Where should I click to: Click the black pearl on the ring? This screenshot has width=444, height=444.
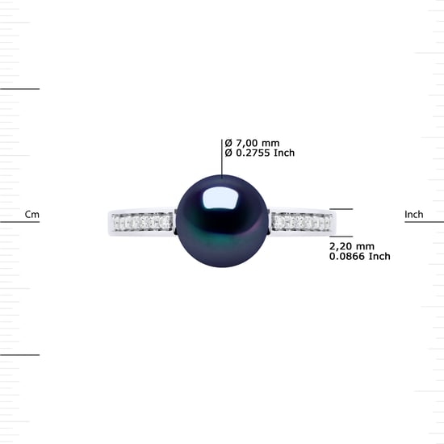click(x=222, y=221)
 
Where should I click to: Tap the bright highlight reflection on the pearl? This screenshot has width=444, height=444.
click(x=220, y=197)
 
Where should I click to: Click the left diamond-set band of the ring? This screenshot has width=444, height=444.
click(x=142, y=222)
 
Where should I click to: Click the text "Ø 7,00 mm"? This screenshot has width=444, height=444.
click(x=252, y=143)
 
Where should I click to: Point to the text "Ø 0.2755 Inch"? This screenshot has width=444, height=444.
click(x=260, y=153)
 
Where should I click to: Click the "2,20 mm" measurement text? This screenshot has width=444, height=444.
click(x=352, y=246)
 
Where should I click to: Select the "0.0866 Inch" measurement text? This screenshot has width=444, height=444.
click(x=359, y=256)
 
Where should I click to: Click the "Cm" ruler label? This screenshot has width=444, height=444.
click(x=32, y=215)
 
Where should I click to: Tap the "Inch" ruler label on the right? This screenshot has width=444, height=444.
click(x=413, y=215)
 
